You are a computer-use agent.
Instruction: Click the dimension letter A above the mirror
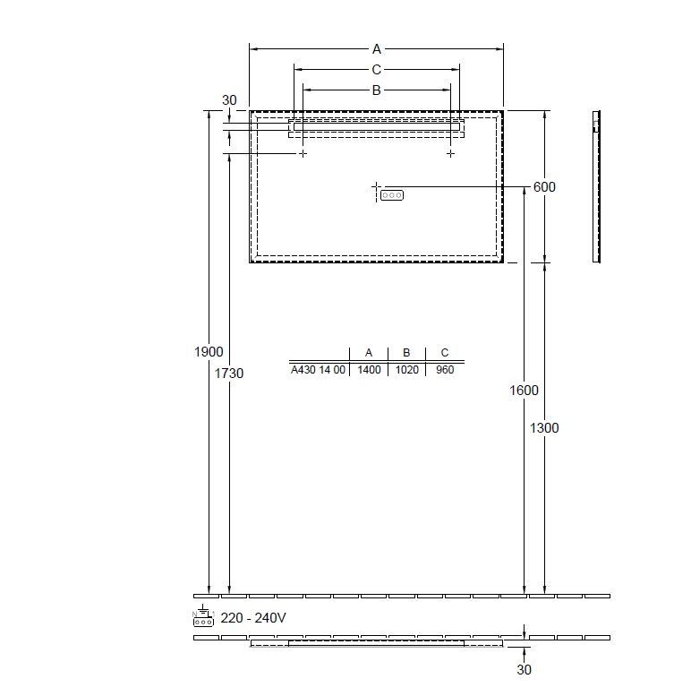[x=377, y=49]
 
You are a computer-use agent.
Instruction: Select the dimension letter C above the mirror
[x=377, y=70]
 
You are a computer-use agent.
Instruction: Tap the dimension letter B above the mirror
[x=377, y=90]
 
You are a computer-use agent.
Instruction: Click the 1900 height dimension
[x=209, y=352]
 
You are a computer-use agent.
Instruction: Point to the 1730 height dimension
[x=229, y=374]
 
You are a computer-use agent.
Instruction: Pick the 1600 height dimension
[x=524, y=391]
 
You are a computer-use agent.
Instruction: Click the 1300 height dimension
[x=544, y=428]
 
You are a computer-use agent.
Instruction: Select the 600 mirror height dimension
[x=544, y=187]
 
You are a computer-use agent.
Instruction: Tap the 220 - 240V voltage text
[x=253, y=617]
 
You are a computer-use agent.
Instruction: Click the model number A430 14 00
[x=318, y=370]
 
